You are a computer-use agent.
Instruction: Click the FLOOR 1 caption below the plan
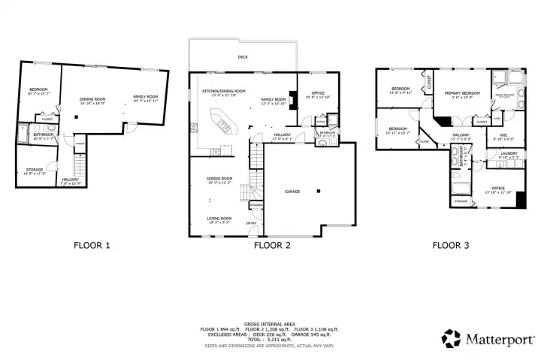(x=92, y=244)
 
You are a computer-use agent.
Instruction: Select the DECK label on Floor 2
(x=243, y=57)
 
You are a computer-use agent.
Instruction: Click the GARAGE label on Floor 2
(x=292, y=192)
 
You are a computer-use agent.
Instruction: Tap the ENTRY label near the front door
(x=251, y=222)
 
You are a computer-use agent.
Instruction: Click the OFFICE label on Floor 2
(x=318, y=93)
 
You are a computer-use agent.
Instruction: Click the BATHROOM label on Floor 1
(x=42, y=135)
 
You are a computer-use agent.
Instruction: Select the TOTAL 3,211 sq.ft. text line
(x=269, y=340)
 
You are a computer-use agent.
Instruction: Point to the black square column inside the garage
(x=319, y=192)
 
